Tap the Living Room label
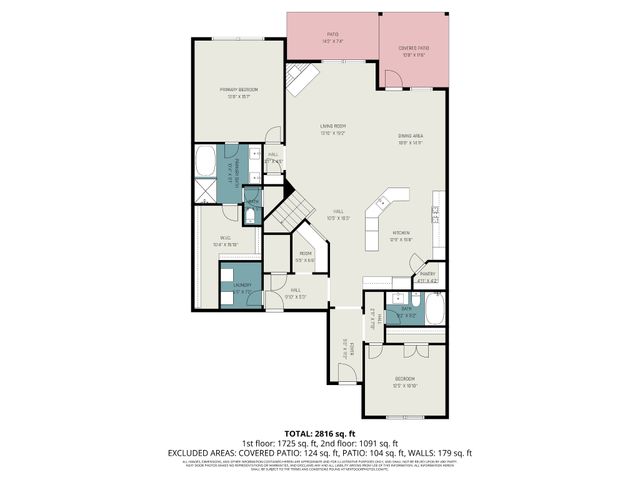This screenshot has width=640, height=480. pos(333,126)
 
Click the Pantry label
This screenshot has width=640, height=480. pos(427,275)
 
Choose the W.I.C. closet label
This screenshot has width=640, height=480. pos(224,240)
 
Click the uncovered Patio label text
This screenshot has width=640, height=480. pos(332,36)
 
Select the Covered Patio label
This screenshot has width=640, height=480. pos(414,49)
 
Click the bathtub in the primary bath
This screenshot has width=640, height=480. pos(206,161)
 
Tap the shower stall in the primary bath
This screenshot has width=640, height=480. pos(206,191)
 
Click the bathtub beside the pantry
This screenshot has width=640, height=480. pos(436,308)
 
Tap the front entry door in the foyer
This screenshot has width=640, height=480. pos(344,373)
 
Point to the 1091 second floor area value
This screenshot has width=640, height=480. pos(362,442)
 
